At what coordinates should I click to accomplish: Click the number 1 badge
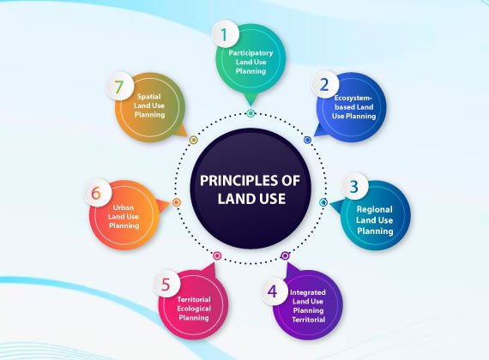(225, 34)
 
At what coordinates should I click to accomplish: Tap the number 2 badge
(325, 84)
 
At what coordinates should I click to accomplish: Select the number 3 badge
(354, 186)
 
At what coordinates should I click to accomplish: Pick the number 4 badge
(274, 291)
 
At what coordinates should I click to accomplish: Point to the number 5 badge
(166, 284)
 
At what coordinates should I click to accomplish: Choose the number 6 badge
(97, 193)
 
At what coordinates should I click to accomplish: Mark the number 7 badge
(120, 87)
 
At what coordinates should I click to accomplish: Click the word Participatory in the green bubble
(251, 53)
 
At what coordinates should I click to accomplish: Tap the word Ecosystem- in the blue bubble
(353, 98)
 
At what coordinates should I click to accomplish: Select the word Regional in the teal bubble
(374, 209)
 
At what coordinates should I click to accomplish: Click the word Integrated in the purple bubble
(308, 292)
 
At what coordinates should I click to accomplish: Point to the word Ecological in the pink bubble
(194, 309)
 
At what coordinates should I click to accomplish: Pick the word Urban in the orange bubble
(124, 207)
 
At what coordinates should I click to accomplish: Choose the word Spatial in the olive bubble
(149, 97)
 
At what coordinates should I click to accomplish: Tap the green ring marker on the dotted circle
(251, 113)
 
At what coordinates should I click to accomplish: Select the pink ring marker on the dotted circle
(217, 256)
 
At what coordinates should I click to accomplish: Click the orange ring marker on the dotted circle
(177, 202)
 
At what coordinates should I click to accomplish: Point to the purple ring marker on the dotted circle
(285, 256)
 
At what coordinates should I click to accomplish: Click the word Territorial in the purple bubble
(309, 320)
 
